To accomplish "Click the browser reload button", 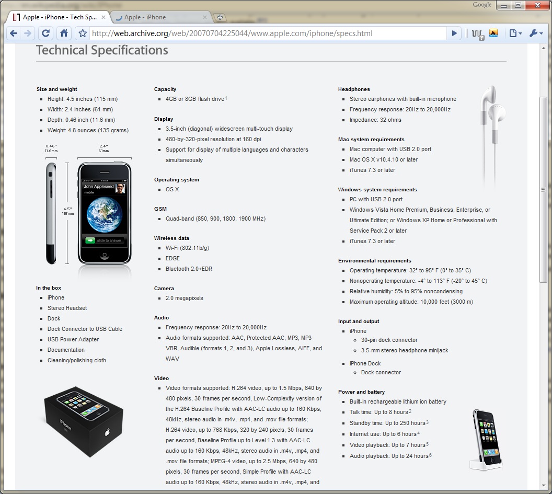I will coord(46,33).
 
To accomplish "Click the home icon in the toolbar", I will coord(64,33).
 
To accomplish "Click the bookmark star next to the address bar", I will coord(82,33).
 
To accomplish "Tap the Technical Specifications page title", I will coord(102,50).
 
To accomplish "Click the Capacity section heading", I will coord(165,89).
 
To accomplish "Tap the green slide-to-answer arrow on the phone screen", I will coord(90,240).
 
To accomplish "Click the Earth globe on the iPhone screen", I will coord(104,214).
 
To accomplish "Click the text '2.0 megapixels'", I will coord(185,298).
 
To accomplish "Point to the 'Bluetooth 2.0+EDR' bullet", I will coord(189,269).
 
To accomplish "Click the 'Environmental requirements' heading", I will coord(374,261).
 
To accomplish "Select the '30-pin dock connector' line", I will coord(389,340).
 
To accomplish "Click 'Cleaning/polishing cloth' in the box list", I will coord(77,360).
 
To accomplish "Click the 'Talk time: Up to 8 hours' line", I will coord(378,412).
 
